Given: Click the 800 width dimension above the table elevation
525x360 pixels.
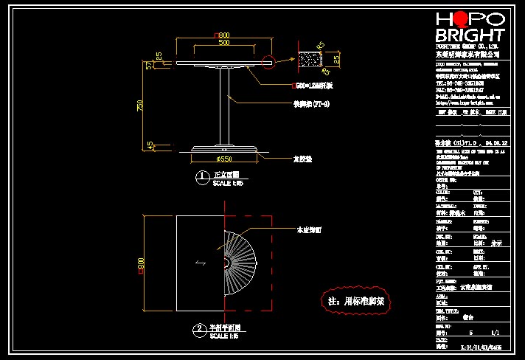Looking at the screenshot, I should click(x=222, y=35).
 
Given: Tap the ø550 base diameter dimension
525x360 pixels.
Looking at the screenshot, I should click(x=223, y=158).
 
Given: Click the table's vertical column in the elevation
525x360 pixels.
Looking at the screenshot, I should click(x=223, y=108).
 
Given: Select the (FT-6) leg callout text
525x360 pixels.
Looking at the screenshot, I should click(x=302, y=105).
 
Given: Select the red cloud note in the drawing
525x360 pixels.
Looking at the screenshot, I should click(x=360, y=300).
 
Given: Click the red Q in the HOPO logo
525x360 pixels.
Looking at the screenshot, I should click(x=465, y=19).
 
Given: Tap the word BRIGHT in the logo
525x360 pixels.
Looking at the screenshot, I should click(x=470, y=35).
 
